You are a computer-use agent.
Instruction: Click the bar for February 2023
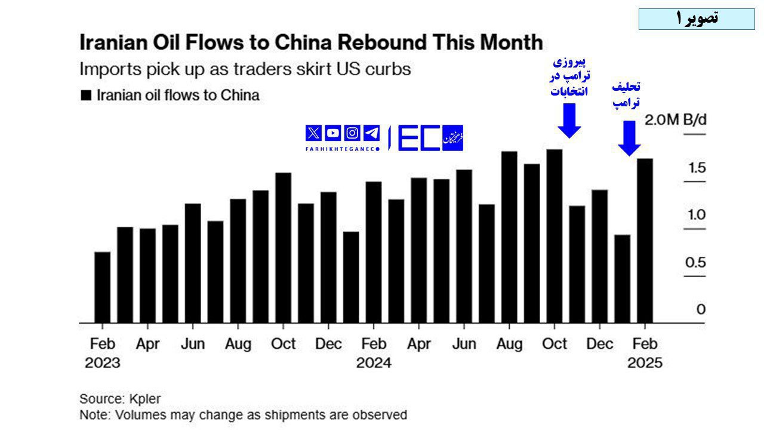pos(102,287)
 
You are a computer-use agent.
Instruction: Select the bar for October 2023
pos(283,248)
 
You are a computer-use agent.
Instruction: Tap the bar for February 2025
pos(645,240)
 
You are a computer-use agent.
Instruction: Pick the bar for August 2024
pos(509,237)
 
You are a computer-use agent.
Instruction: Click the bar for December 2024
pos(599,256)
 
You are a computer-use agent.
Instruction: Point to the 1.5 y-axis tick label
pos(697,168)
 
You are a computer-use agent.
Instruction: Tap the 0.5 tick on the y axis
pos(697,263)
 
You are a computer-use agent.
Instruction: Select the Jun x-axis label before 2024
pos(193,345)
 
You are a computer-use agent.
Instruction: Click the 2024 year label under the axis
pos(374,363)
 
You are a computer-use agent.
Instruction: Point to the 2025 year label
pos(645,363)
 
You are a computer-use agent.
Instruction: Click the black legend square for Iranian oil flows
pos(86,95)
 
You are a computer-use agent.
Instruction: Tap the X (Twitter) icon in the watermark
pos(313,133)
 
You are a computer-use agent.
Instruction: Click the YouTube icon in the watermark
pos(332,133)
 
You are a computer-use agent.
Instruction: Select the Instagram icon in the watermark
pos(352,133)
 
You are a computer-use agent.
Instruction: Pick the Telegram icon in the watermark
pos(371,133)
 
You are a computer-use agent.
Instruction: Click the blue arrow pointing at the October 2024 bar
pos(569,121)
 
